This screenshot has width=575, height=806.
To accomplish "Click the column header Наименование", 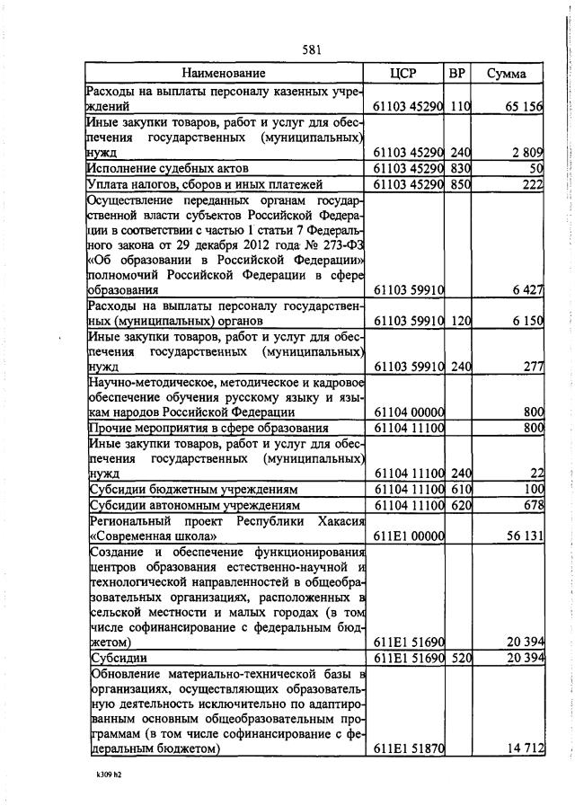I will (x=224, y=73).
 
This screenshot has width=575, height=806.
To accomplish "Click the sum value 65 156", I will (x=524, y=106).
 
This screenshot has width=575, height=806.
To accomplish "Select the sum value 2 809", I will (x=527, y=152).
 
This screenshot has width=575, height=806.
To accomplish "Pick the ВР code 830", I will (x=460, y=168).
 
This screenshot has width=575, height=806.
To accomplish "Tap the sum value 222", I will (x=533, y=184).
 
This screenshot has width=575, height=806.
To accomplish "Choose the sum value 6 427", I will (x=527, y=290).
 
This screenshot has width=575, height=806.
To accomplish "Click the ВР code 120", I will (x=460, y=321).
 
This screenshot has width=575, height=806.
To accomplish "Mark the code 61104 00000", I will (x=409, y=412).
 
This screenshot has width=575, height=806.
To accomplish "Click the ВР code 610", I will (x=460, y=489).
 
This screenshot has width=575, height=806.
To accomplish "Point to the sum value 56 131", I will (x=524, y=536).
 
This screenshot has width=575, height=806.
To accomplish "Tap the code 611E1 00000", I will (x=409, y=536).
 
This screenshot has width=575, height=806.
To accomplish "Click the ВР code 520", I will (x=460, y=659).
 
